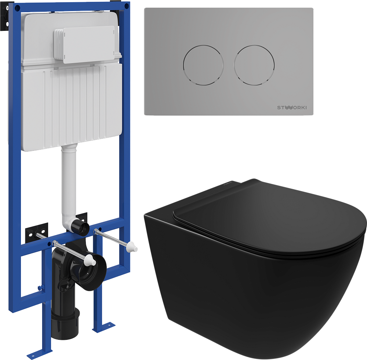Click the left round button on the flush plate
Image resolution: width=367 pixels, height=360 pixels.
[203, 65]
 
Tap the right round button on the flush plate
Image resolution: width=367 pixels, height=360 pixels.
[254, 65]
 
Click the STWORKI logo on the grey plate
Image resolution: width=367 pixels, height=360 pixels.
[292, 108]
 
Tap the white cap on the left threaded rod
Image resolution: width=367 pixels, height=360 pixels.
[90, 260]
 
